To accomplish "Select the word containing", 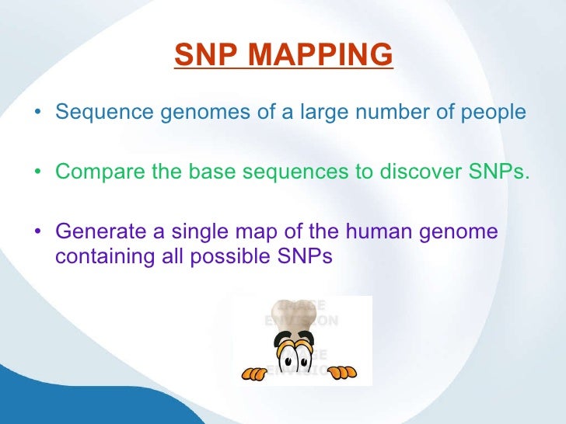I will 100,257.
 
